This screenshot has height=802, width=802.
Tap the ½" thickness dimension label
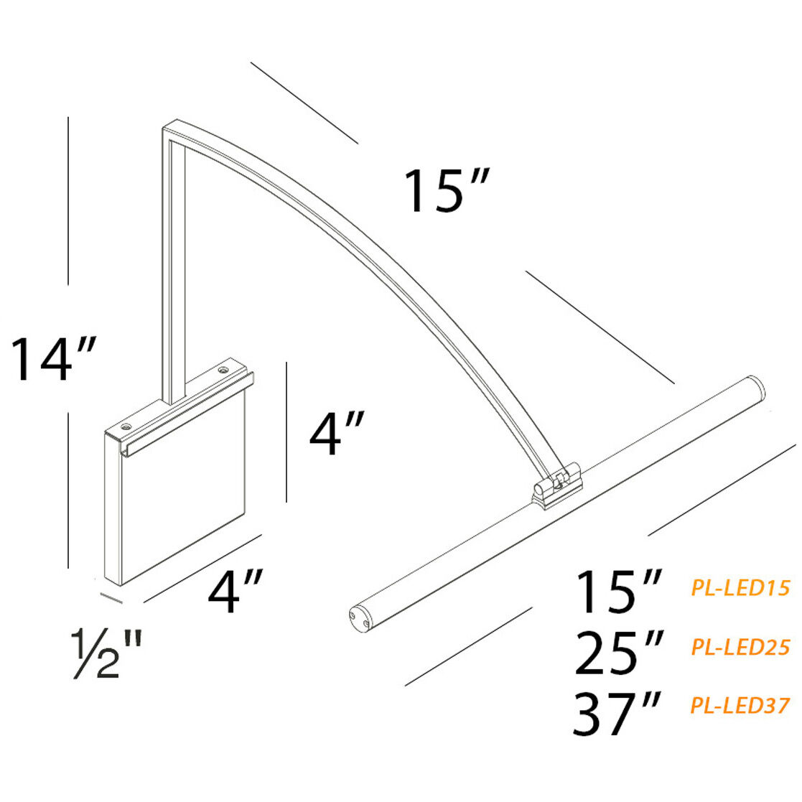[106, 655]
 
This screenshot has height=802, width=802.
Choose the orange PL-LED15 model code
[740, 588]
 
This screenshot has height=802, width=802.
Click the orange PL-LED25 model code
[740, 647]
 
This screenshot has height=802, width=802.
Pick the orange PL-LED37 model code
[740, 705]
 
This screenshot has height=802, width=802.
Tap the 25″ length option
[618, 653]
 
